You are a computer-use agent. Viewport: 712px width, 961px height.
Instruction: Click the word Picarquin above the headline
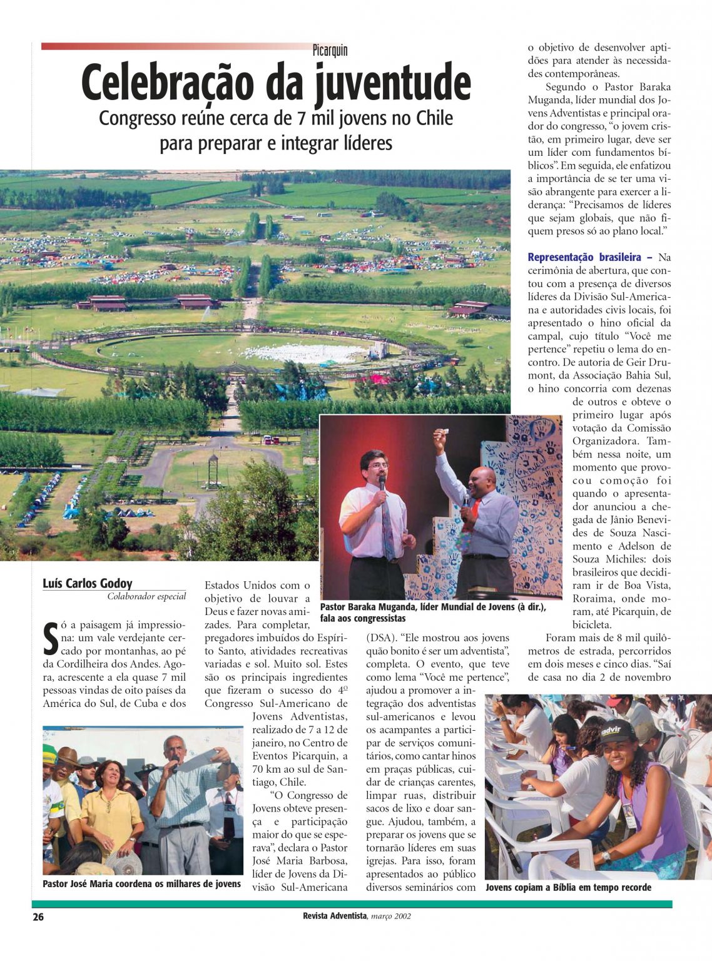330,51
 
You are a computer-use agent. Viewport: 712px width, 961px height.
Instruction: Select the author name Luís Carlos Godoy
88,583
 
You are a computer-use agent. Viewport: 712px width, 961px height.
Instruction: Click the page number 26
38,917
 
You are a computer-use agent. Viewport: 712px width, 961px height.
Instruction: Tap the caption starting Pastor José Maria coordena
141,883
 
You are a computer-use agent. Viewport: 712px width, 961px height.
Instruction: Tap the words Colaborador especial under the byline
146,596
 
